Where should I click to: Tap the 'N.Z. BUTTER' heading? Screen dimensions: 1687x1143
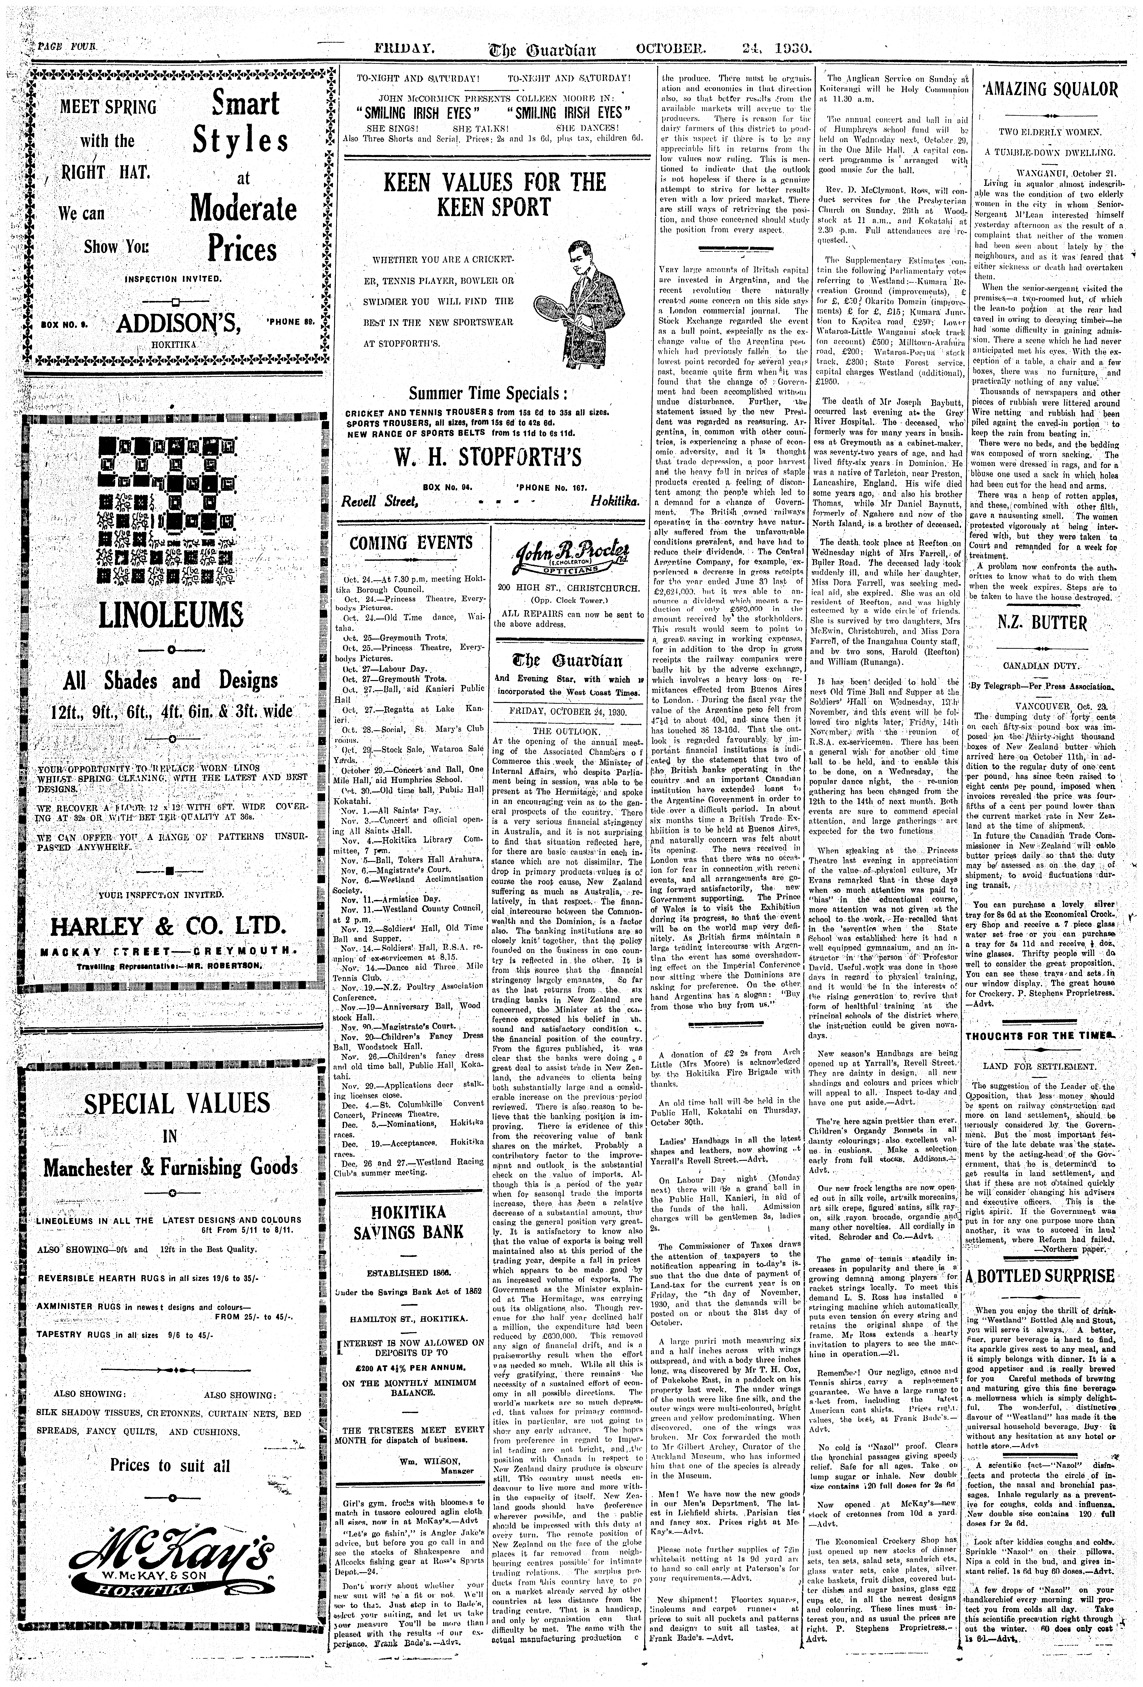click(x=1045, y=623)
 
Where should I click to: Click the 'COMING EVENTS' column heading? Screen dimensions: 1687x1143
click(x=411, y=543)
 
